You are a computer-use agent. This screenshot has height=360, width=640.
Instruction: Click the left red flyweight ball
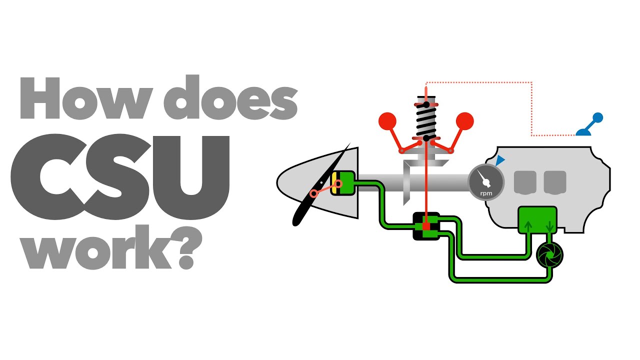387,120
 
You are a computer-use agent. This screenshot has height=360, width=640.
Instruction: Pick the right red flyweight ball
464,120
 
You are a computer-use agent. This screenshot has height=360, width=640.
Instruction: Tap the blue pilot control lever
590,125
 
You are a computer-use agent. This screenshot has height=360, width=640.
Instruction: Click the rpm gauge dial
484,182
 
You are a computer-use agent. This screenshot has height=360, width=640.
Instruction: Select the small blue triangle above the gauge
500,160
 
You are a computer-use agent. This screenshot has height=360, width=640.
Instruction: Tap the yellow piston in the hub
333,182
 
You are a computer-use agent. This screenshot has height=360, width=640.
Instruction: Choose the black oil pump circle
549,255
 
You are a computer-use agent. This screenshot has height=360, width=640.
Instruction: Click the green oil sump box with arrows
537,220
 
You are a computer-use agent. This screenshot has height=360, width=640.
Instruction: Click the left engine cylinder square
525,182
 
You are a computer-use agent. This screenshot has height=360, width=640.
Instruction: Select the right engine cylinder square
554,182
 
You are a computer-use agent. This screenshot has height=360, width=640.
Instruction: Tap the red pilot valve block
426,226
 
